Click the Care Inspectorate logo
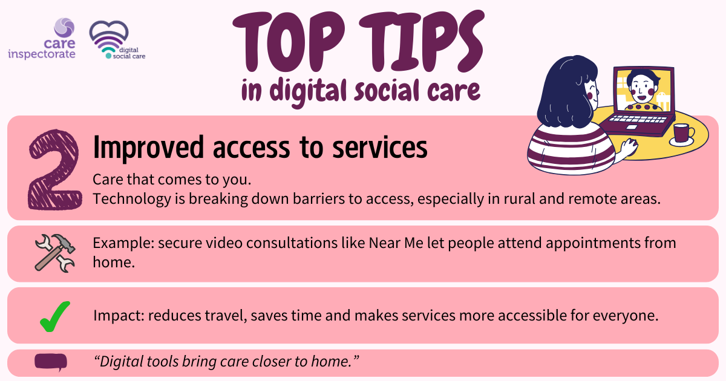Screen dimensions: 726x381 [42, 39]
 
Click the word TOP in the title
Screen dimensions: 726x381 [289, 42]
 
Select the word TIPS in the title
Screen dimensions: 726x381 [421, 41]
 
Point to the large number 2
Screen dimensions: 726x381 [54, 169]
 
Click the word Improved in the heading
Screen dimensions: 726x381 [148, 148]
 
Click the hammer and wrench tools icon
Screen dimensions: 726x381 [55, 253]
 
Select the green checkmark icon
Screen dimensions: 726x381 [55, 316]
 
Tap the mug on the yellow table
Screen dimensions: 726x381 [682, 134]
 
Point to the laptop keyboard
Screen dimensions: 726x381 [637, 119]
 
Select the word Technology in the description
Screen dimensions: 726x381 [132, 198]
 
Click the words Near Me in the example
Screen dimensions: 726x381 [396, 243]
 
